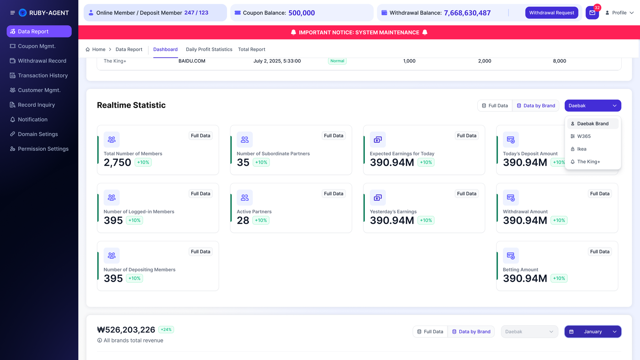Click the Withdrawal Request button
pyautogui.click(x=551, y=13)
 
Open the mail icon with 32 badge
pyautogui.click(x=592, y=13)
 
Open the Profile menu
pyautogui.click(x=619, y=13)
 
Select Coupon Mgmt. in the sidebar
pyautogui.click(x=37, y=46)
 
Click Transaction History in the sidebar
pyautogui.click(x=43, y=75)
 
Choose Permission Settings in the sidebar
pyautogui.click(x=43, y=149)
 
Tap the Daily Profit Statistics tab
pyautogui.click(x=209, y=49)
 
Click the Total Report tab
pyautogui.click(x=252, y=49)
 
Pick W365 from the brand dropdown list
pyautogui.click(x=584, y=136)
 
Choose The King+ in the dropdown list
pyautogui.click(x=588, y=162)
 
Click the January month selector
pyautogui.click(x=593, y=332)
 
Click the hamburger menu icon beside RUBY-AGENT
pyautogui.click(x=12, y=13)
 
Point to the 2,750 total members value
pyautogui.click(x=117, y=163)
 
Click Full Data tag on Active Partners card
pyautogui.click(x=334, y=194)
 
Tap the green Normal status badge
pyautogui.click(x=337, y=61)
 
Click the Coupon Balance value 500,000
pyautogui.click(x=302, y=13)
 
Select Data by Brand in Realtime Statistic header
pyautogui.click(x=536, y=106)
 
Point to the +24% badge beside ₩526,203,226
pyautogui.click(x=166, y=330)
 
